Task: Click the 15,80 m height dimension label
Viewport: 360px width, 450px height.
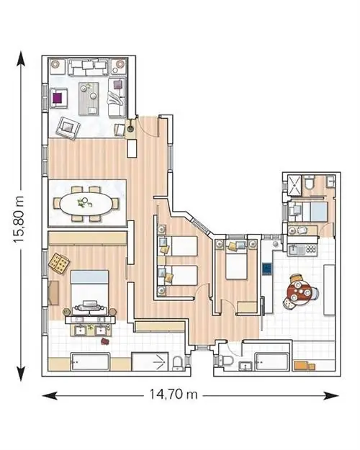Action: pos(20,220)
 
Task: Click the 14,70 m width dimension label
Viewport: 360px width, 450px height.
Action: pos(174,394)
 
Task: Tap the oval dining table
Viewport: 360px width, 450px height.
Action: pos(86,204)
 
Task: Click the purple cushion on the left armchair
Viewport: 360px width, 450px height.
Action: pos(58,98)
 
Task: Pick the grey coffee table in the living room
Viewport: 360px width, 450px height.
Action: pos(89,99)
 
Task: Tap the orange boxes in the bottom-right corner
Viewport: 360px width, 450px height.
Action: pos(305,365)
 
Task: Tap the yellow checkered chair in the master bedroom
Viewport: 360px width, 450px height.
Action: pos(59,263)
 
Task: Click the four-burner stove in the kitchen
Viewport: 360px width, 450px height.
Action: pos(311,248)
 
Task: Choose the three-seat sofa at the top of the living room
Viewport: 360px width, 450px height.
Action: pos(89,67)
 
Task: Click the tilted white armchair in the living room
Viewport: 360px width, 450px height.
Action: pos(68,127)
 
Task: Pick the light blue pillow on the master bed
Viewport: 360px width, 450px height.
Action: pos(90,276)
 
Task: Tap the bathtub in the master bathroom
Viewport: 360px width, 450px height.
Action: pos(90,362)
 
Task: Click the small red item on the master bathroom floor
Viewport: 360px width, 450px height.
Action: pos(105,341)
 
